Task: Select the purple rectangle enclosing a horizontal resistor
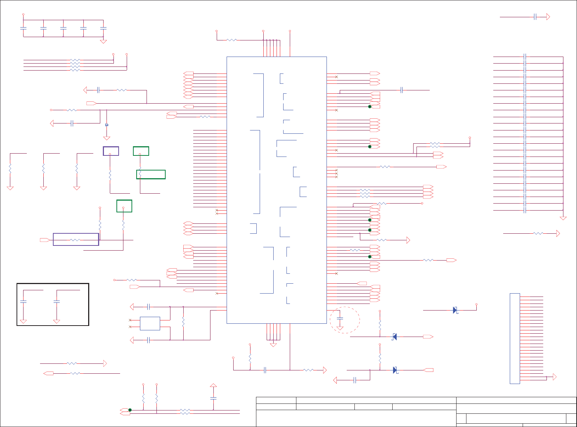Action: coord(76,239)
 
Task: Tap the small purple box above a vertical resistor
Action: coord(111,151)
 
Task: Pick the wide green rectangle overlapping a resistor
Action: coord(151,174)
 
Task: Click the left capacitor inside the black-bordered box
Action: coord(23,301)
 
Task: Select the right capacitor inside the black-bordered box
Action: coord(57,301)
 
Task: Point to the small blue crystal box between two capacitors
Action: coord(150,323)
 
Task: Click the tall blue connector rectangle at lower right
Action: coord(515,338)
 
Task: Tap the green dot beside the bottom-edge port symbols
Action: coord(130,410)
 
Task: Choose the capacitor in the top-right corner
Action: coord(535,17)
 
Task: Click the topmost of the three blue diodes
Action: coord(455,310)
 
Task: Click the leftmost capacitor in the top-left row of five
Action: coord(23,28)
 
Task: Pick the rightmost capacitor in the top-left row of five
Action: coord(103,28)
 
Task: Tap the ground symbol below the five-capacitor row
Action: coord(103,42)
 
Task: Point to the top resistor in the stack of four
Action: coord(75,60)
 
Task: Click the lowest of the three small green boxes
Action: coord(124,206)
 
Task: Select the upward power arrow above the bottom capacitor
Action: coord(213,386)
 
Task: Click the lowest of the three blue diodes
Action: coord(395,370)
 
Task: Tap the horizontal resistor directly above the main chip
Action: coord(231,40)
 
